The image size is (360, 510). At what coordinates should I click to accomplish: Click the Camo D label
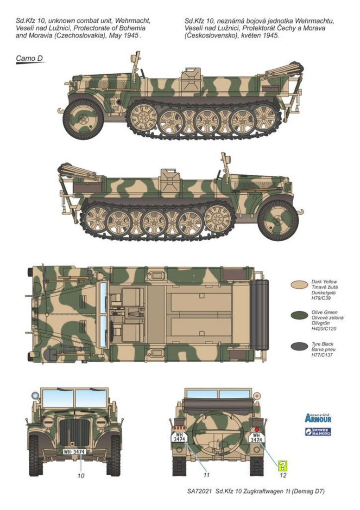[x=29, y=59]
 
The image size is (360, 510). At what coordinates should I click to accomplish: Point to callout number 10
[x=81, y=475]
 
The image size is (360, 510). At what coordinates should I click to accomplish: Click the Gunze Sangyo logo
[x=318, y=432]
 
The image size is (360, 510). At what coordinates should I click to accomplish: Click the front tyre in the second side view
[x=278, y=219]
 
